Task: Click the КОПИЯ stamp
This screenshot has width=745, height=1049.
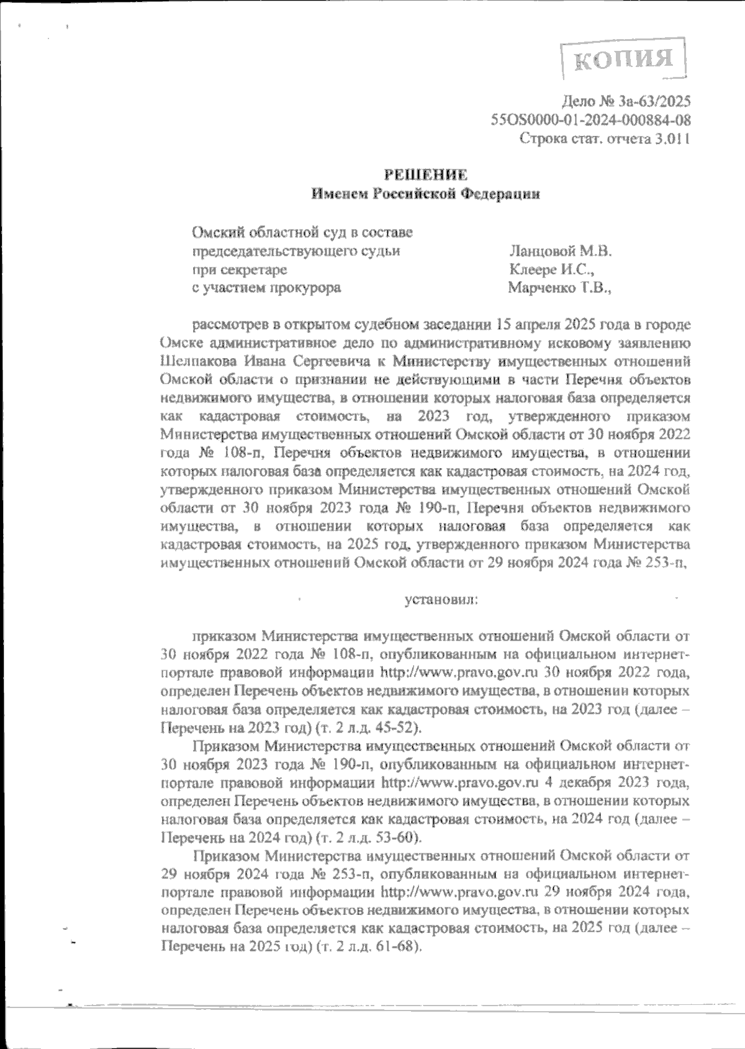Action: click(623, 59)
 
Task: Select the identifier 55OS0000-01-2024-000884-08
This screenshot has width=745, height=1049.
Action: click(590, 120)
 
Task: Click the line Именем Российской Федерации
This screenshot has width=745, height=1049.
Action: click(425, 194)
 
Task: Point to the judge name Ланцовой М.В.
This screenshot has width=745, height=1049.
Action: click(560, 251)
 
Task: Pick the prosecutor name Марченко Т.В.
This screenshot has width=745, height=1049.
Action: click(559, 287)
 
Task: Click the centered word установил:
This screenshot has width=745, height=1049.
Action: click(441, 600)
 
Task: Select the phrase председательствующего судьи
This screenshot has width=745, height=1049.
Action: click(296, 251)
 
